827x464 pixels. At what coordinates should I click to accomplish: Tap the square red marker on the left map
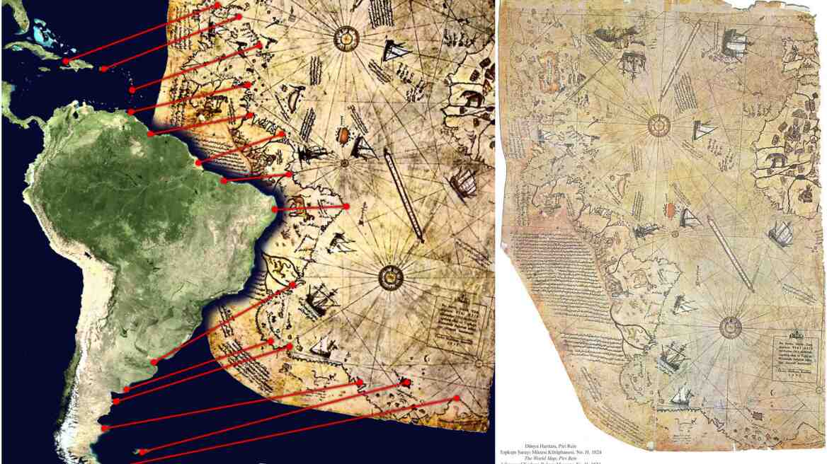pyautogui.click(x=406, y=383)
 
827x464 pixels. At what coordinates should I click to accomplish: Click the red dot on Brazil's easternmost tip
pyautogui.click(x=275, y=209)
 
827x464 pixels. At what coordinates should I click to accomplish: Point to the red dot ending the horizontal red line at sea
pyautogui.click(x=348, y=206)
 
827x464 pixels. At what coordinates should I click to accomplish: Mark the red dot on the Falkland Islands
pyautogui.click(x=142, y=451)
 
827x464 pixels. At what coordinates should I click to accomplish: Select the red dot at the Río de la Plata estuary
pyautogui.click(x=154, y=362)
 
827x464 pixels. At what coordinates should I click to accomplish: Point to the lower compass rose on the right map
pyautogui.click(x=730, y=327)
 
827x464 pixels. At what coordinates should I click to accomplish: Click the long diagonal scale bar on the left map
pyautogui.click(x=404, y=196)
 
